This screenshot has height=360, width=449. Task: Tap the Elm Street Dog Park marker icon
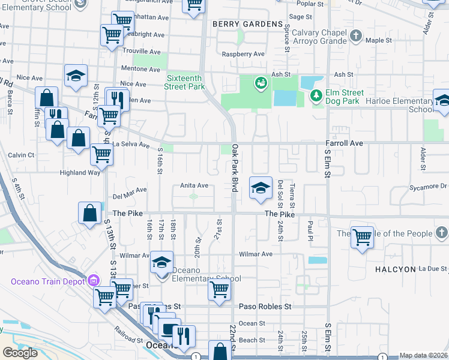coord(316,95)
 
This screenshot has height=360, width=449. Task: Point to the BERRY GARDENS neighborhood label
coord(247,24)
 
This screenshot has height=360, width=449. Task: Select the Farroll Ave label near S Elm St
coord(345,143)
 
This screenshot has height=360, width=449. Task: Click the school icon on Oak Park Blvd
coord(261,188)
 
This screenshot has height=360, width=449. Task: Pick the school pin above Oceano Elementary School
coord(161,262)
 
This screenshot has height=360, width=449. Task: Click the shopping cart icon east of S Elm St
coord(362,238)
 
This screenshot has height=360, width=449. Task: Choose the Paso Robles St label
coord(265,306)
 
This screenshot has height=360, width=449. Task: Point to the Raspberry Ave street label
coord(243,54)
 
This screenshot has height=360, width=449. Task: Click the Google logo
coord(20,353)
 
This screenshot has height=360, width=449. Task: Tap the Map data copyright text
coord(424,356)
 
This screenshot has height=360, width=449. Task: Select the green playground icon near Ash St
coord(261,82)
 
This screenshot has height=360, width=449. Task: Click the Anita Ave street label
coord(194,186)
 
